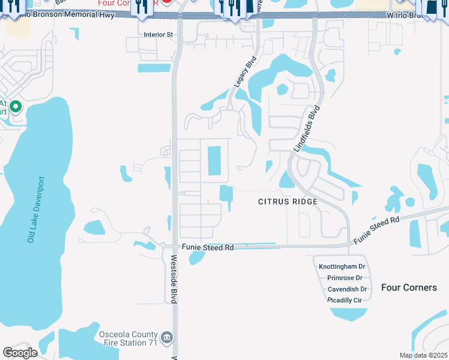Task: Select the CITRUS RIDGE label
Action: point(288,202)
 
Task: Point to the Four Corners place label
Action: point(409,287)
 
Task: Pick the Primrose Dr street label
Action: point(345,278)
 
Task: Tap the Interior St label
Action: point(158,35)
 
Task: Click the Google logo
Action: point(20,353)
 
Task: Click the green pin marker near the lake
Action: point(16,108)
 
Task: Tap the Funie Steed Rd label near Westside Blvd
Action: point(208,247)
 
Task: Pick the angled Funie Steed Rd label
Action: point(376,230)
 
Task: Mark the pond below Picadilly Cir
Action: point(348,314)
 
